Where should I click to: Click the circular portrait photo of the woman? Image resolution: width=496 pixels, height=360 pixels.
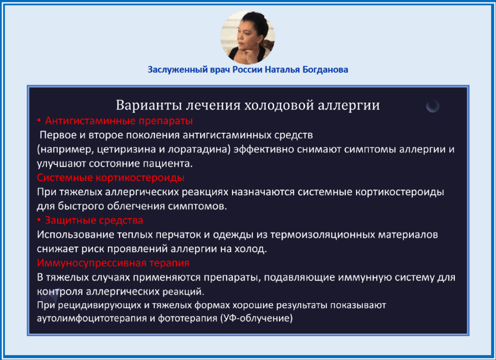[248, 37]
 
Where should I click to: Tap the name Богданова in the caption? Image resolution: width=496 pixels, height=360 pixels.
[325, 70]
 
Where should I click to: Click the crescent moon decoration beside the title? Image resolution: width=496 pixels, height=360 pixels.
[433, 106]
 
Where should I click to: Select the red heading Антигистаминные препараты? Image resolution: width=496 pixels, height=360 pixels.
[119, 121]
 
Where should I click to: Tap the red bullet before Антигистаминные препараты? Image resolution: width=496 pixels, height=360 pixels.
[39, 120]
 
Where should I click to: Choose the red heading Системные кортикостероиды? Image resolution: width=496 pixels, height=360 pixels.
[111, 178]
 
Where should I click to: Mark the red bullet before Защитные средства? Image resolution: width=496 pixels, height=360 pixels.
[39, 219]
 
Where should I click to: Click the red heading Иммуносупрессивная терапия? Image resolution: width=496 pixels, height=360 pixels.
[113, 263]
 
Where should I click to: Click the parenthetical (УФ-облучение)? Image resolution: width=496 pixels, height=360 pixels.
[257, 318]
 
